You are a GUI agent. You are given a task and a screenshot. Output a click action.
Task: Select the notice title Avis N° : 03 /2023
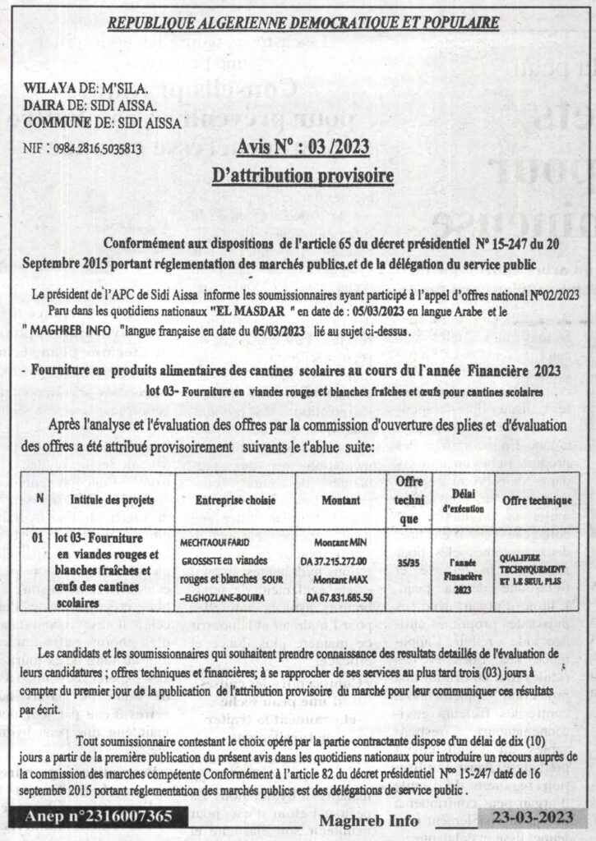pyautogui.click(x=303, y=149)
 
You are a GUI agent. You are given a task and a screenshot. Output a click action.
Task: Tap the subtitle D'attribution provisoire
pyautogui.click(x=303, y=176)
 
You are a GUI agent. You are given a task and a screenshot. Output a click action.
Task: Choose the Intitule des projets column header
pyautogui.click(x=106, y=500)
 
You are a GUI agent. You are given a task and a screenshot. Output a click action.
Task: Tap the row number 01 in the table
pyautogui.click(x=36, y=540)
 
